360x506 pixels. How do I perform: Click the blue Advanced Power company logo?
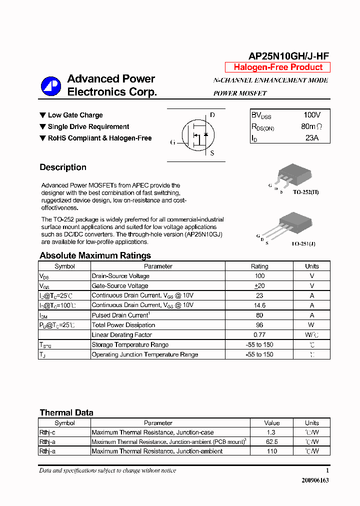(50, 86)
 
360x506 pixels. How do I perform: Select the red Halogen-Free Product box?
(278, 67)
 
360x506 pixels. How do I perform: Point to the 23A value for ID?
(311, 138)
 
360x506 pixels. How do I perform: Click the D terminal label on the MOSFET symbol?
(212, 115)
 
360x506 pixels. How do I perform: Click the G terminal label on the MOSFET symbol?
(173, 142)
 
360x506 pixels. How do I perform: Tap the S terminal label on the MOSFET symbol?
(212, 153)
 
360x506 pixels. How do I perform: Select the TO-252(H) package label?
(305, 192)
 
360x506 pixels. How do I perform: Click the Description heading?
(63, 167)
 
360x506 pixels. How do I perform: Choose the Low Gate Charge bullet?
(75, 115)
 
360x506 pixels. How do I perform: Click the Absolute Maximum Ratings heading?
(95, 255)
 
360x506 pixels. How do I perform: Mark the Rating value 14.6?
(259, 305)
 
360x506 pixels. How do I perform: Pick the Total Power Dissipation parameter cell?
(123, 325)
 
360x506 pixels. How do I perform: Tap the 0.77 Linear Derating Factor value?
(259, 334)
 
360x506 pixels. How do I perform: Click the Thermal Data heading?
(66, 412)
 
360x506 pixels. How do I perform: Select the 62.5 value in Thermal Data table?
(272, 442)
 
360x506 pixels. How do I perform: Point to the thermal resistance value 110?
(272, 451)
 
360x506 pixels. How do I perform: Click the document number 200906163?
(315, 480)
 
